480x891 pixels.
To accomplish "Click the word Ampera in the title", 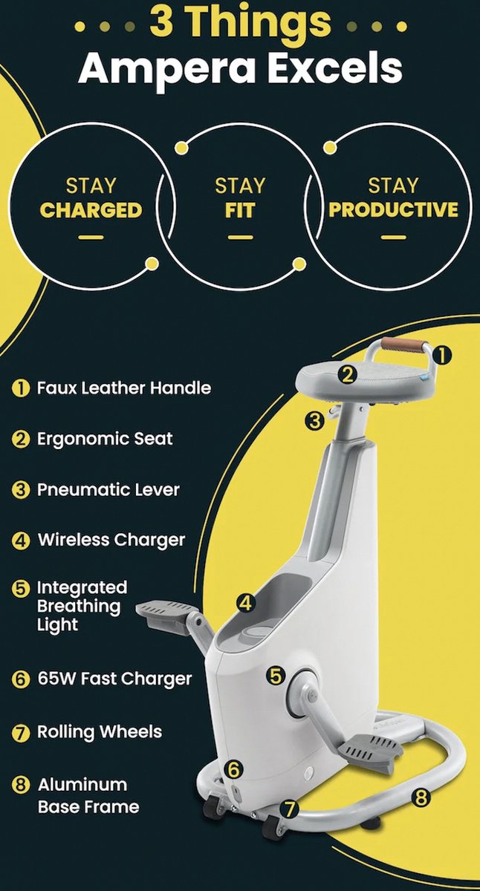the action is pyautogui.click(x=167, y=69).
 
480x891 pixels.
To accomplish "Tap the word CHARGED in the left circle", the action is pyautogui.click(x=91, y=210).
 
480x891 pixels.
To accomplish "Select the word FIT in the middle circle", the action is pyautogui.click(x=239, y=210).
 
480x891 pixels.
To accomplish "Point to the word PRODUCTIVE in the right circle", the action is pyautogui.click(x=393, y=209).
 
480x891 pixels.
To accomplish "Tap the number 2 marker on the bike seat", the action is pyautogui.click(x=347, y=375).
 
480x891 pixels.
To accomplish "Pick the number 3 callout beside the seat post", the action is pyautogui.click(x=314, y=421).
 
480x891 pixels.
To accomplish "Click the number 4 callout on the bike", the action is pyautogui.click(x=246, y=603).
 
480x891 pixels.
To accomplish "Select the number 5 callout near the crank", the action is pyautogui.click(x=276, y=676).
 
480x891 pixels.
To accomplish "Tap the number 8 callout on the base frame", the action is pyautogui.click(x=421, y=797).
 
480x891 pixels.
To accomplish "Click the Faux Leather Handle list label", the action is pyautogui.click(x=124, y=388).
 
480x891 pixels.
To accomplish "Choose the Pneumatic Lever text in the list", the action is pyautogui.click(x=108, y=489).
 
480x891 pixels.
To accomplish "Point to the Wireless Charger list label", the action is pyautogui.click(x=111, y=540).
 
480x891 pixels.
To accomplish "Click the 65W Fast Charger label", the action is pyautogui.click(x=114, y=679).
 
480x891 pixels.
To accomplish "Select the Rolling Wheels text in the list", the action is pyautogui.click(x=100, y=731).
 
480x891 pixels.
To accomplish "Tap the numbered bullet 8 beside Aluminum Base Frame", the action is pyautogui.click(x=21, y=785).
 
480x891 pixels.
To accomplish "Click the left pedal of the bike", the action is pyautogui.click(x=165, y=615).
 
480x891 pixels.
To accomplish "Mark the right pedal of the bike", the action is pyautogui.click(x=368, y=751).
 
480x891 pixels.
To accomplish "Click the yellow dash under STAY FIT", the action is pyautogui.click(x=240, y=238).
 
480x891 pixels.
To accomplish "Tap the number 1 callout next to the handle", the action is pyautogui.click(x=442, y=355).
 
